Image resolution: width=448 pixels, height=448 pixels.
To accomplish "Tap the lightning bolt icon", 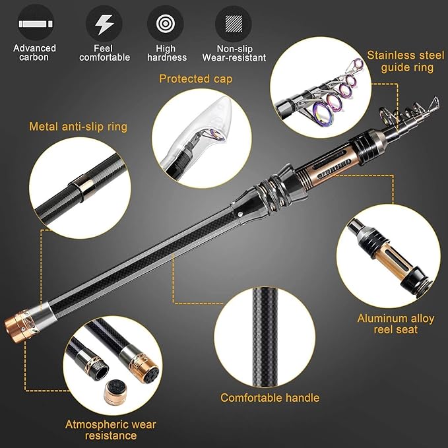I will (104, 24).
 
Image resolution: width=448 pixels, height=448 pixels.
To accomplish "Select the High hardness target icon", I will (166, 24).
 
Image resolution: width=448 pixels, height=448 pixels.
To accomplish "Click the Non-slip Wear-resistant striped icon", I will (233, 24).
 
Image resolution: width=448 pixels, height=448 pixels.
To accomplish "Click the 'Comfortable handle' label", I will (270, 397).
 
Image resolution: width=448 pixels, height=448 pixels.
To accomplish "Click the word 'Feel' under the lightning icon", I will (104, 48).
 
